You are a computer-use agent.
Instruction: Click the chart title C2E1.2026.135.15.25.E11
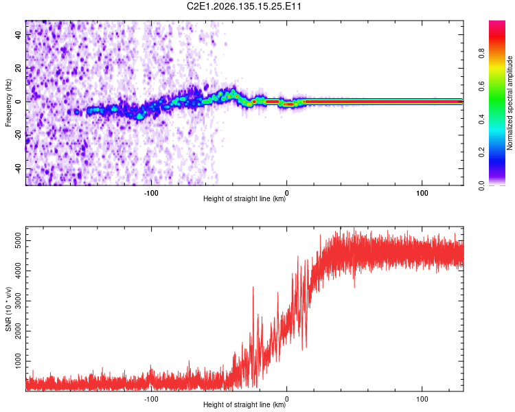pyautogui.click(x=244, y=6)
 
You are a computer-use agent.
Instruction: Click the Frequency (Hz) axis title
pyautogui.click(x=8, y=103)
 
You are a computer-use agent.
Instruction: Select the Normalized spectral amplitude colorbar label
pyautogui.click(x=510, y=103)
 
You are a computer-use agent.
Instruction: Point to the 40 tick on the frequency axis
pyautogui.click(x=18, y=34)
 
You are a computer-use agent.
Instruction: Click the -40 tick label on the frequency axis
pyautogui.click(x=18, y=168)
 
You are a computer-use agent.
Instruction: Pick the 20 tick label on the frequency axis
pyautogui.click(x=18, y=68)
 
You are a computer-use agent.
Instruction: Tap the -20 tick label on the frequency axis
pyautogui.click(x=18, y=135)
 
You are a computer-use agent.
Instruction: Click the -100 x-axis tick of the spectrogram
pyautogui.click(x=151, y=193)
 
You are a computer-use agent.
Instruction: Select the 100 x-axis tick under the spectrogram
pyautogui.click(x=422, y=193)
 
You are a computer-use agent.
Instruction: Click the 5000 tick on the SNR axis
pyautogui.click(x=18, y=241)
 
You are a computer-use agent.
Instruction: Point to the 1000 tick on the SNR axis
pyautogui.click(x=18, y=361)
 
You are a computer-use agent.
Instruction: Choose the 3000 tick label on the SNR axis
pyautogui.click(x=18, y=301)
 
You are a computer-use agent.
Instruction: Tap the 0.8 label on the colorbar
pyautogui.click(x=481, y=53)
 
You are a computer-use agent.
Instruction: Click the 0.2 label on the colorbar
pyautogui.click(x=481, y=152)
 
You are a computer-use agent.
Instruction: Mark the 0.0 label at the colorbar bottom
pyautogui.click(x=481, y=185)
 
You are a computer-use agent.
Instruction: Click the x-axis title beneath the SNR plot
pyautogui.click(x=244, y=404)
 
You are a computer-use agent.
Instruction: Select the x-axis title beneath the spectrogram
pyautogui.click(x=244, y=198)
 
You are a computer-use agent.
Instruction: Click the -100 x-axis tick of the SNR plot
pyautogui.click(x=151, y=399)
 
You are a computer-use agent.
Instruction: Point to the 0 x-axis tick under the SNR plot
pyautogui.click(x=287, y=399)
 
